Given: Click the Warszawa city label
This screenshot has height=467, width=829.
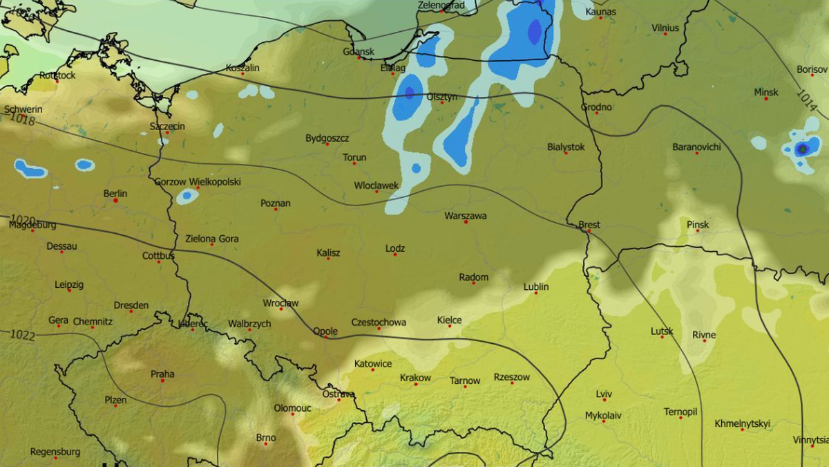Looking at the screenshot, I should tap(465, 216).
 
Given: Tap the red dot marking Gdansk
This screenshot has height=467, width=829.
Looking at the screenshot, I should tap(359, 58).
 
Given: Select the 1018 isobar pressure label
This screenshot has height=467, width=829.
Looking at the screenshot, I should tap(21, 119).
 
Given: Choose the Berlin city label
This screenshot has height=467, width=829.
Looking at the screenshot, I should tap(115, 194).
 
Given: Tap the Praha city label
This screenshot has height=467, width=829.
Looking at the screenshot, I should tap(162, 374).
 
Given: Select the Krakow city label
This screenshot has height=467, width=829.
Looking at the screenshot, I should tap(415, 378).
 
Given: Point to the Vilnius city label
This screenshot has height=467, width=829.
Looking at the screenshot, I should tap(665, 28).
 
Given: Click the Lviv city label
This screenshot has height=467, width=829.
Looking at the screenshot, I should tap(604, 394).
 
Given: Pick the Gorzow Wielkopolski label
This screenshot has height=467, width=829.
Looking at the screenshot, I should tap(197, 182).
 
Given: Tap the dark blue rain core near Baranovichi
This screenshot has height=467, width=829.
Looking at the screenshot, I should tap(802, 149).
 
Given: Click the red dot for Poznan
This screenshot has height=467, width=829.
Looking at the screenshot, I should tap(276, 210).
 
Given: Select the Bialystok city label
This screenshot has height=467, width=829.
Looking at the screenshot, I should tap(566, 147).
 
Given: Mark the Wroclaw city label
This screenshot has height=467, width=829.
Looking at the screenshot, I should tap(280, 303).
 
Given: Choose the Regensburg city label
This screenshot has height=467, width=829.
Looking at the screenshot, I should tap(55, 452).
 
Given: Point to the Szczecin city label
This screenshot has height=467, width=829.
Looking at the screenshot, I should tap(167, 127).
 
